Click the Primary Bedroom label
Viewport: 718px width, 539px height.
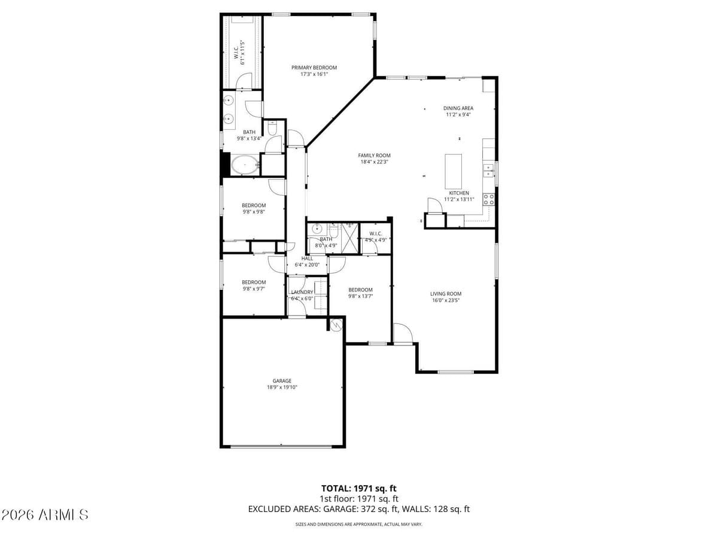314,68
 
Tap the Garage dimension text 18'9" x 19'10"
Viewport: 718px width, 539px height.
282,387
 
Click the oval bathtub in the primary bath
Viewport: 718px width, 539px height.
244,165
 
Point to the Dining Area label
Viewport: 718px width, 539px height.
458,108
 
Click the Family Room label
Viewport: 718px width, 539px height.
375,156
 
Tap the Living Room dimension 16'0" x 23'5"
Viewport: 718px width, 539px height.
446,301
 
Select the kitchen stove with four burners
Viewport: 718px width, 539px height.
489,199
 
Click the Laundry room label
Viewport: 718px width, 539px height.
302,292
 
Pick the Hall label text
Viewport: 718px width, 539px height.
307,258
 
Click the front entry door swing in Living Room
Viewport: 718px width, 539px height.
402,333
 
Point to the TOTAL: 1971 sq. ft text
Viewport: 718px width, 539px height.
359,488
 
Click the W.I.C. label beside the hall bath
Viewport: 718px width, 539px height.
376,234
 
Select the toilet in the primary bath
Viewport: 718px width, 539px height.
272,128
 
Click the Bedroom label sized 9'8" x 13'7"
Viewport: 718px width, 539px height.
360,290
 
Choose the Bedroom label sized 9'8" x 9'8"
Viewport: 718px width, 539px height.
254,205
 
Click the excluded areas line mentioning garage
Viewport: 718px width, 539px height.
359,509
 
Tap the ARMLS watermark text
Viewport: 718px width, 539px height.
45,514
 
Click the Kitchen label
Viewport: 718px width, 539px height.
459,193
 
